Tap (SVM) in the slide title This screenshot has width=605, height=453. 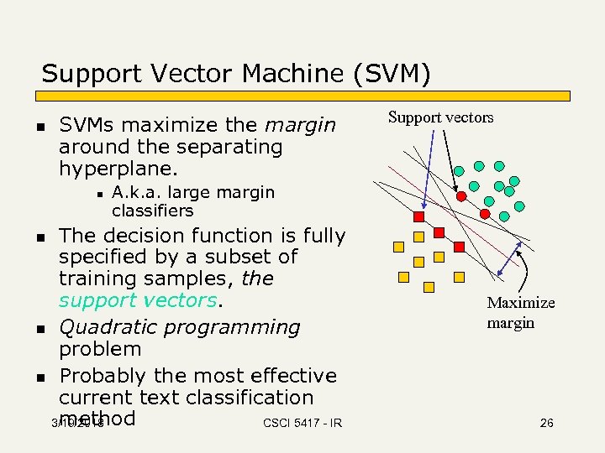(x=392, y=74)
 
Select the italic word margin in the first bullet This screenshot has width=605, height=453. (x=300, y=126)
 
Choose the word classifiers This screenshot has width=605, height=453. (x=152, y=211)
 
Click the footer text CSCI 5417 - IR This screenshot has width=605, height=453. (x=302, y=424)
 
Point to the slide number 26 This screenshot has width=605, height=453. (x=546, y=423)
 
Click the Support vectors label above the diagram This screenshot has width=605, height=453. (x=440, y=117)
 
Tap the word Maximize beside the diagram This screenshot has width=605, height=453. (x=521, y=303)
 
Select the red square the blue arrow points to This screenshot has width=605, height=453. (x=439, y=232)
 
